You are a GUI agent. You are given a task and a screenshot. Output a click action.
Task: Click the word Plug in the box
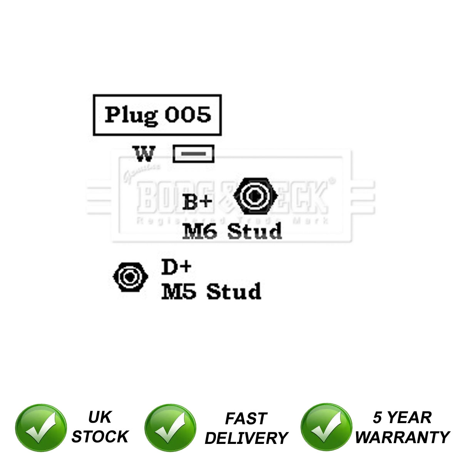(x=131, y=115)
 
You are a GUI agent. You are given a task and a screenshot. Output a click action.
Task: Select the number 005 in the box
(x=188, y=114)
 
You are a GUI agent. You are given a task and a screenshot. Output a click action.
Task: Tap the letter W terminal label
(x=145, y=154)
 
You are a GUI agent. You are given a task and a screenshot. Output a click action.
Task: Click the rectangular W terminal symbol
(x=193, y=154)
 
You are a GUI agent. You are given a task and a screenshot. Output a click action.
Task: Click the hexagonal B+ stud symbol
(x=255, y=196)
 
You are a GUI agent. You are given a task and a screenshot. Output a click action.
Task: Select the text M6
(x=199, y=231)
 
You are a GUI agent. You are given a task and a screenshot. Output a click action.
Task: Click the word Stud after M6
(x=254, y=231)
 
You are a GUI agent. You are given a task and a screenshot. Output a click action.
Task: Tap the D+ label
(x=176, y=267)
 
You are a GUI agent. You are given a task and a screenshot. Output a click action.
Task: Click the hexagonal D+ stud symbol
(x=130, y=277)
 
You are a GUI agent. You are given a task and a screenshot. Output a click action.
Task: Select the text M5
(x=179, y=291)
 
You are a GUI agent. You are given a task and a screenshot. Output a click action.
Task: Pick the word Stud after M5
(x=234, y=291)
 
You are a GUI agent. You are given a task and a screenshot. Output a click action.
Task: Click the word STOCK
(x=100, y=437)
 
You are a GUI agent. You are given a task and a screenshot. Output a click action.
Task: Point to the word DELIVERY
(x=246, y=438)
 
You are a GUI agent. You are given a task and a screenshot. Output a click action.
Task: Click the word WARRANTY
(x=402, y=437)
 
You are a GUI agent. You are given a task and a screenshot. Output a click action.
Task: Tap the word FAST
(x=246, y=418)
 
